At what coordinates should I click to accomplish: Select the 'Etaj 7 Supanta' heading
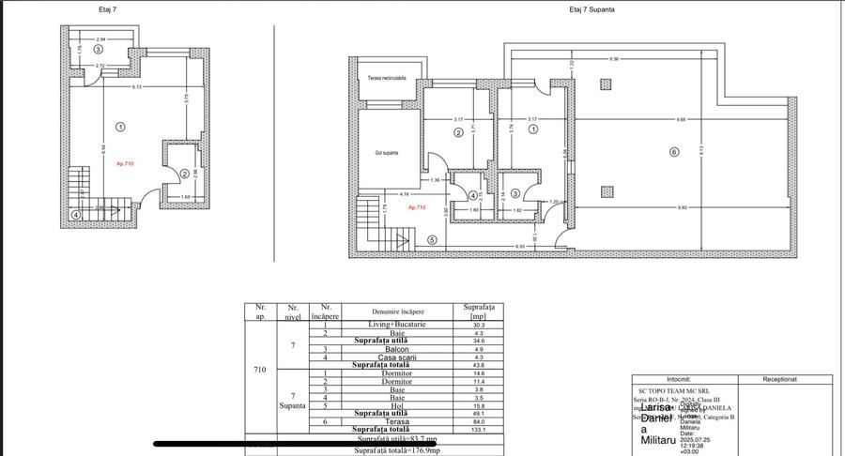pyautogui.click(x=592, y=8)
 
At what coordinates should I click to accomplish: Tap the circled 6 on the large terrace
pyautogui.click(x=673, y=152)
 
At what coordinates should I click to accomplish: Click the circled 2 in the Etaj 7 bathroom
pyautogui.click(x=185, y=173)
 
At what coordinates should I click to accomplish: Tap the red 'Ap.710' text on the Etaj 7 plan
pyautogui.click(x=126, y=163)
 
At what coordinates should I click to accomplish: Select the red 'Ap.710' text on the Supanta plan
pyautogui.click(x=415, y=207)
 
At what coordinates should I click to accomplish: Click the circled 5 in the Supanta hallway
pyautogui.click(x=432, y=239)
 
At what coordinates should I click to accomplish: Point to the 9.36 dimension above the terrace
pyautogui.click(x=613, y=59)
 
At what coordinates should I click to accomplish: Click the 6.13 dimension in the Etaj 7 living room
pyautogui.click(x=110, y=87)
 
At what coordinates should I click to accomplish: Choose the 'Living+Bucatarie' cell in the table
pyautogui.click(x=397, y=324)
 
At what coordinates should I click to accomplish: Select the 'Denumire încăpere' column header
pyautogui.click(x=397, y=311)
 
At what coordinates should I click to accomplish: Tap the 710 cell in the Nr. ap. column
pyautogui.click(x=259, y=370)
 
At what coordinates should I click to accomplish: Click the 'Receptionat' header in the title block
pyautogui.click(x=779, y=380)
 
